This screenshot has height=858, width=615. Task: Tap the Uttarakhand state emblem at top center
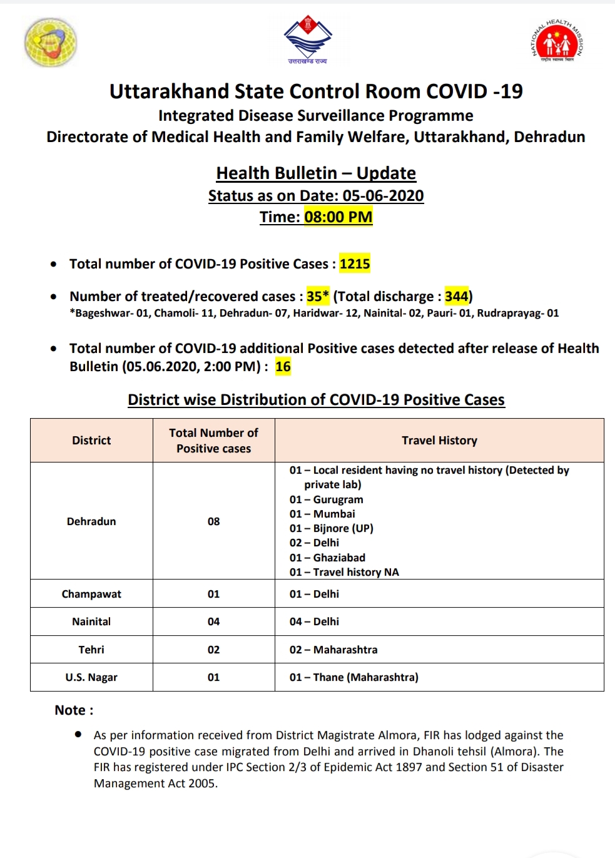pyautogui.click(x=307, y=39)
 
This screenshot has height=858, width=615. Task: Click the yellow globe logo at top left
pyautogui.click(x=51, y=42)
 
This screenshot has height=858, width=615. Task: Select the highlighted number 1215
pyautogui.click(x=355, y=264)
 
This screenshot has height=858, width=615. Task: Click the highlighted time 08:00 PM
pyautogui.click(x=338, y=217)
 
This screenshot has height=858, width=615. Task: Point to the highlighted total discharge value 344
pyautogui.click(x=456, y=296)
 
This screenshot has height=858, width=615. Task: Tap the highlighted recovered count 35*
pyautogui.click(x=317, y=296)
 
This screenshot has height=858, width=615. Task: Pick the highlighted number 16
pyautogui.click(x=283, y=367)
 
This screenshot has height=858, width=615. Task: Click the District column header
pyautogui.click(x=91, y=441)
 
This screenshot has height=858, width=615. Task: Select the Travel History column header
pyautogui.click(x=439, y=441)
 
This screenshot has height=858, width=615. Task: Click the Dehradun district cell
pyautogui.click(x=91, y=521)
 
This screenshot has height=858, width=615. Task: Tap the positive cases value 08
pyautogui.click(x=213, y=521)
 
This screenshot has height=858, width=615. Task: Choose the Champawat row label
pyautogui.click(x=91, y=594)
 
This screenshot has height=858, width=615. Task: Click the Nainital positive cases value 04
pyautogui.click(x=213, y=621)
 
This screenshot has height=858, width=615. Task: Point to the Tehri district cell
pyautogui.click(x=91, y=650)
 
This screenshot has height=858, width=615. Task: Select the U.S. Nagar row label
pyautogui.click(x=91, y=677)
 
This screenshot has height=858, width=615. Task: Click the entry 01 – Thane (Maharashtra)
pyautogui.click(x=353, y=677)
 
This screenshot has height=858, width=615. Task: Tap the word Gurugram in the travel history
pyautogui.click(x=338, y=499)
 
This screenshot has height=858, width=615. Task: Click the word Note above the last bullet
pyautogui.click(x=70, y=710)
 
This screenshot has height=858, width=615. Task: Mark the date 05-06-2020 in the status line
pyautogui.click(x=383, y=196)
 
